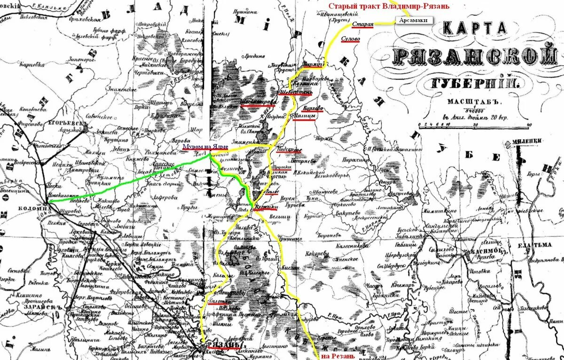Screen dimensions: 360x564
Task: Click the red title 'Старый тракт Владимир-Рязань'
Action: (x=389, y=6)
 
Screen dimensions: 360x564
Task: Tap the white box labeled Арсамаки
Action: (x=414, y=21)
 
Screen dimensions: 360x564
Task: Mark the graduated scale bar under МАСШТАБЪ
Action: (x=475, y=125)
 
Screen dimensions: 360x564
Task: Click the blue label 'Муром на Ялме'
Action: (x=205, y=147)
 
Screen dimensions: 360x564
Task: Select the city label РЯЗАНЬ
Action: (x=221, y=346)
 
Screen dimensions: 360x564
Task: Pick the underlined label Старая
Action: (x=363, y=24)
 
